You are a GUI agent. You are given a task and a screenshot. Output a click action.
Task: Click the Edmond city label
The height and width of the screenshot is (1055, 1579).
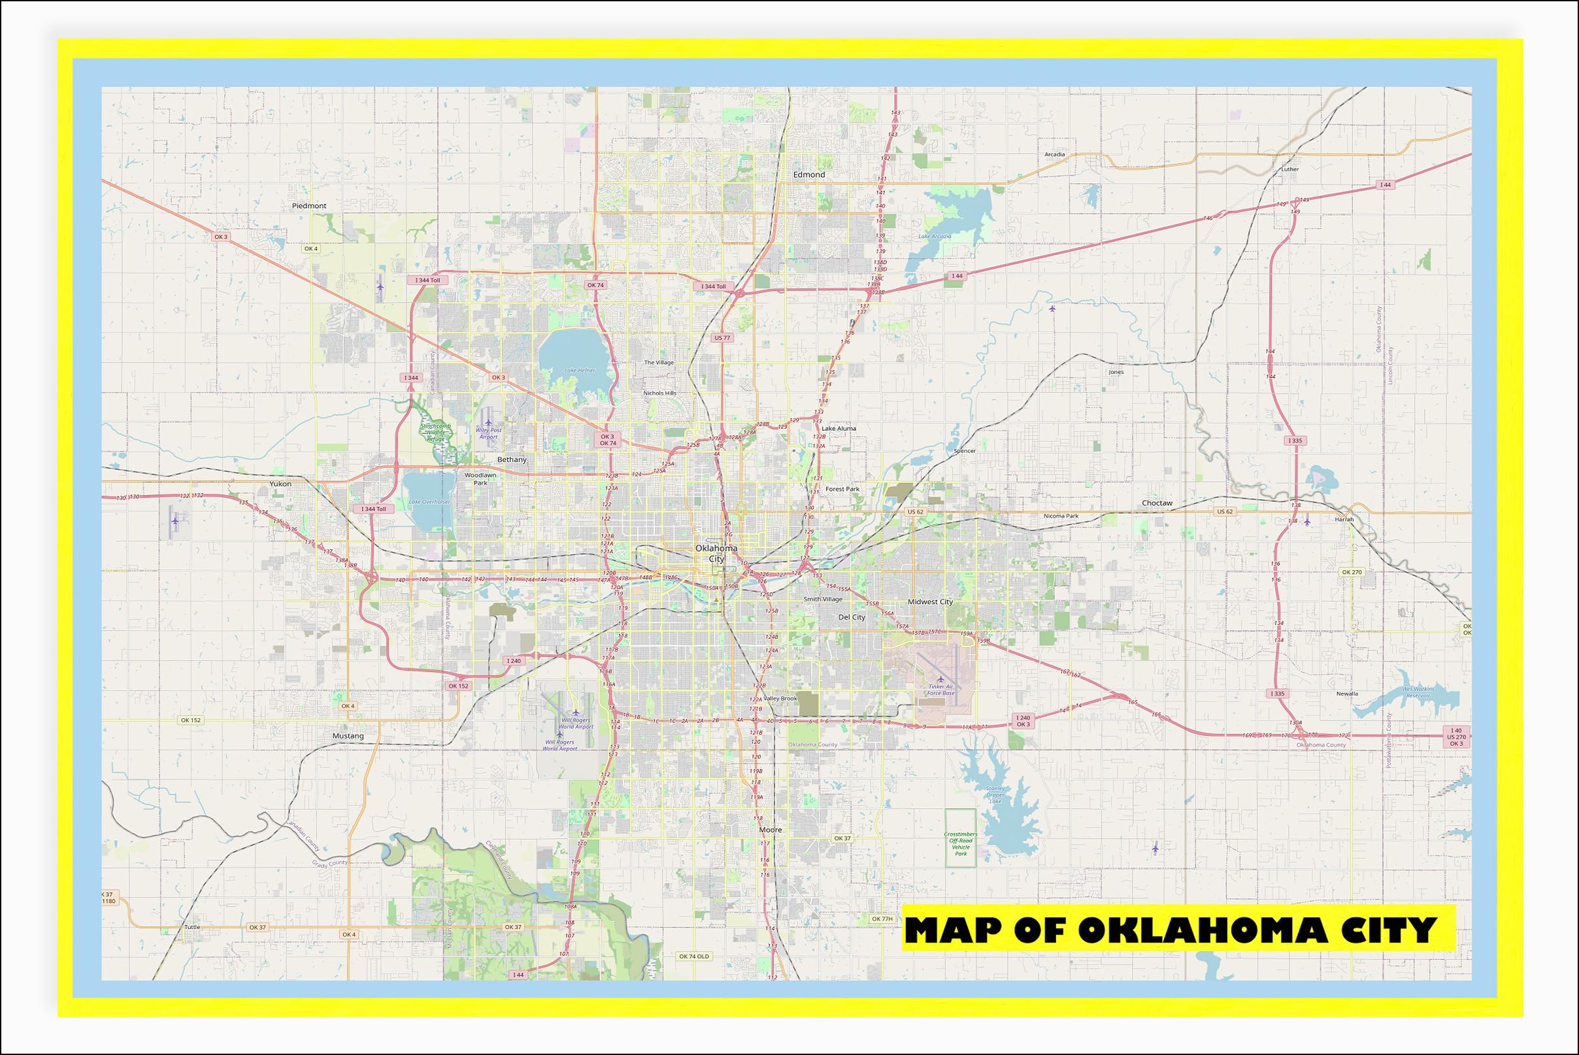click(808, 175)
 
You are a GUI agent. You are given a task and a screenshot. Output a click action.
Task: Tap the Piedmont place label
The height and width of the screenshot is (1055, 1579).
click(308, 206)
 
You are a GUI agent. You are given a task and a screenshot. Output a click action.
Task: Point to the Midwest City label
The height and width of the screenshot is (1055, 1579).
click(931, 601)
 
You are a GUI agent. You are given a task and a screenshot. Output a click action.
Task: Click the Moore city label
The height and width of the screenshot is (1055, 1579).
click(771, 829)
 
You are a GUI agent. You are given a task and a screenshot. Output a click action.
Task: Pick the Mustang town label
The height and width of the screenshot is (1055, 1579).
click(348, 736)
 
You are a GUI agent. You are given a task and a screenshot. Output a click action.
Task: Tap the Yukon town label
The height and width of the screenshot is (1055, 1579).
click(280, 484)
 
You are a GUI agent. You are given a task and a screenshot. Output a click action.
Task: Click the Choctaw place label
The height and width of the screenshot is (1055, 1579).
click(1157, 503)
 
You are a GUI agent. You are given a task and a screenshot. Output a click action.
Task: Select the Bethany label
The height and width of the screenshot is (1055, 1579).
click(512, 460)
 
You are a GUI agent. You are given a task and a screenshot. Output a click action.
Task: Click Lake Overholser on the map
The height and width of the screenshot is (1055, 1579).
click(429, 501)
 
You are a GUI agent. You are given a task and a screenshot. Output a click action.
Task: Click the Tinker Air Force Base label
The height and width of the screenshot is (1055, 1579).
click(940, 690)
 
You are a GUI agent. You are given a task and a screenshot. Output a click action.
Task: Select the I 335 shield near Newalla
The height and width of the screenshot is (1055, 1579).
click(1278, 693)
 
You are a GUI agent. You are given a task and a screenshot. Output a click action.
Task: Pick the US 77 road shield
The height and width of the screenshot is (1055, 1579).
click(722, 338)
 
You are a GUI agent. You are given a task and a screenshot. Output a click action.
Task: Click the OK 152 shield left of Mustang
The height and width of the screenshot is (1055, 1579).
click(190, 720)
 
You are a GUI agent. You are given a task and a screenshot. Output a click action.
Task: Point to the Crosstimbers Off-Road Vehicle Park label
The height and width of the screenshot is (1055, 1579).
click(961, 844)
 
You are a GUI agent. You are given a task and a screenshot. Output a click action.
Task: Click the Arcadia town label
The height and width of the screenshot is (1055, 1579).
click(1054, 155)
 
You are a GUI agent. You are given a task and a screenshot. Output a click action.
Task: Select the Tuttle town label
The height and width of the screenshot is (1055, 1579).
click(192, 926)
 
